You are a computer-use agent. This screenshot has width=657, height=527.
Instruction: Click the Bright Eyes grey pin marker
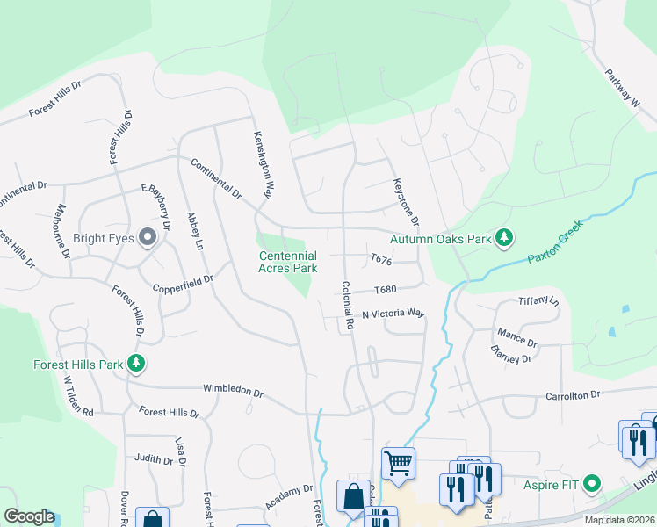click(148, 235)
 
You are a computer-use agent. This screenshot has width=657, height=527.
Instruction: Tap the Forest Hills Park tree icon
click(135, 363)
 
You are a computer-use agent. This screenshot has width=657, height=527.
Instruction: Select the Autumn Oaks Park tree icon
click(504, 237)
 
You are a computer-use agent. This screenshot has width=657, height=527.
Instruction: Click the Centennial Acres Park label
click(287, 262)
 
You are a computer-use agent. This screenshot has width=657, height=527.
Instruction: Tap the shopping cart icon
click(399, 462)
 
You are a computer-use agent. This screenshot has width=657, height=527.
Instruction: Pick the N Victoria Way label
click(393, 314)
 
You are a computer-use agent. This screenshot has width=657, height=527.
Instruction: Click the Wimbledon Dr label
click(233, 389)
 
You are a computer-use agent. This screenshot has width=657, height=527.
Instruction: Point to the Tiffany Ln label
click(538, 300)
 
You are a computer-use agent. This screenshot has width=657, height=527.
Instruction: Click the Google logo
click(29, 516)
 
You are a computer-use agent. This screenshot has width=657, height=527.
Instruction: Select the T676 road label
click(380, 261)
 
